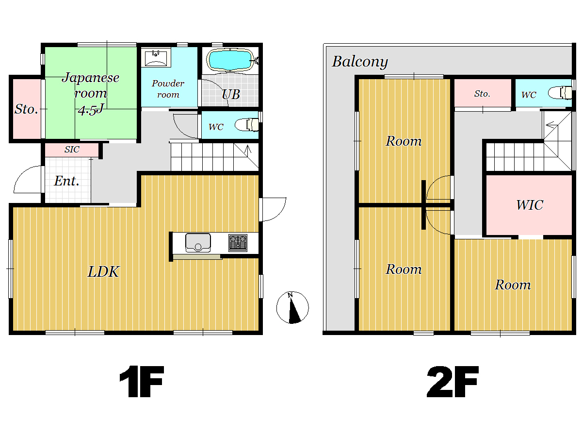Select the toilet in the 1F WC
coord(246,125)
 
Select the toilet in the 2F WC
coord(560,93)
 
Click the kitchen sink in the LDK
coord(198,243)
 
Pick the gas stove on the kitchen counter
coord(238,243)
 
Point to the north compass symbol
coord(292,307)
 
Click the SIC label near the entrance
coord(72,150)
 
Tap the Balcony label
coord(360,62)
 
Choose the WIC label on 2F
coord(530,205)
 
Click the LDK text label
coord(103,272)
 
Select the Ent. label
coord(66,181)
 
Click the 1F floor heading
coord(142,382)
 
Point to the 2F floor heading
coord(453,382)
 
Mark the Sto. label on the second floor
coord(482,94)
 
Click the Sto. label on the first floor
coord(26,109)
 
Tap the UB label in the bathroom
coord(231,95)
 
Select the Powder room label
coord(168,89)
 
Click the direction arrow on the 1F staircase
coord(248,151)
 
